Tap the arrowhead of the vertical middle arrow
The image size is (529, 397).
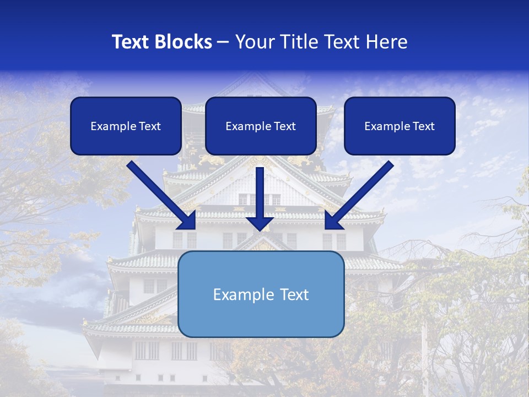(x=260, y=223)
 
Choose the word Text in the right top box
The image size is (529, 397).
(x=423, y=126)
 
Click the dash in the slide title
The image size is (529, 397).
(x=223, y=42)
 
